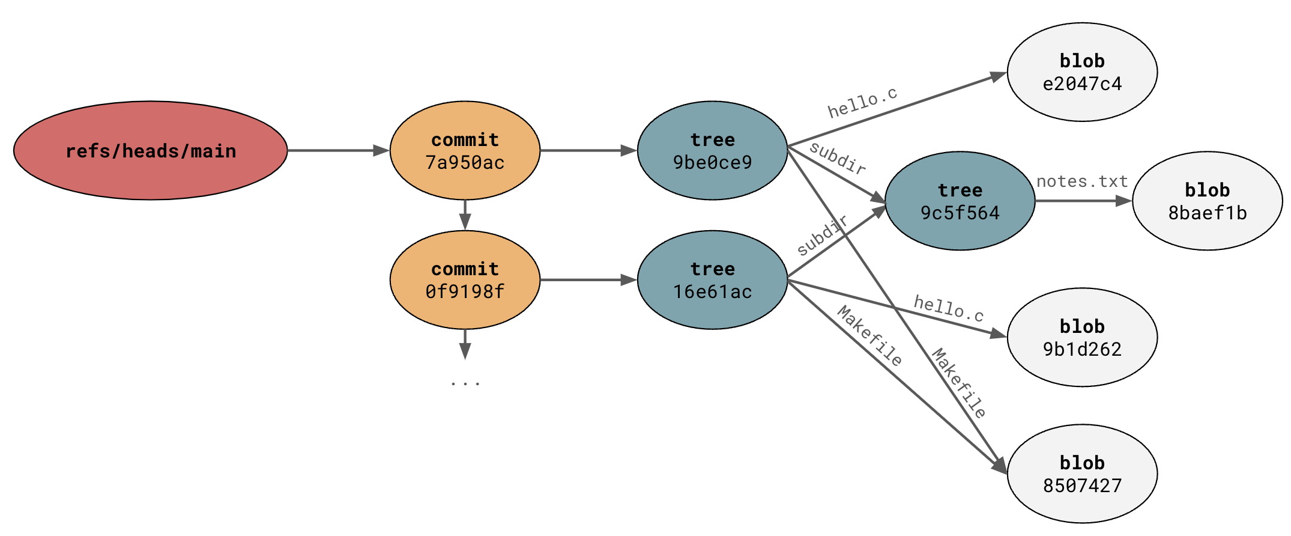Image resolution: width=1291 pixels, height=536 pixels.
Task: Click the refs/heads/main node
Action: click(x=150, y=150)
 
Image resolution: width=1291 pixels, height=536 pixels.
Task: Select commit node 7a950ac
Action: click(x=465, y=150)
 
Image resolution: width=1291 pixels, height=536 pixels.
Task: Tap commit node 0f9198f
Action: click(x=465, y=279)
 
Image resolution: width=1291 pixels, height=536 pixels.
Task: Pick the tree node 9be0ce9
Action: click(x=712, y=150)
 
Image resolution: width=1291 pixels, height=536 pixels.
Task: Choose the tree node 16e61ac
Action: click(x=712, y=279)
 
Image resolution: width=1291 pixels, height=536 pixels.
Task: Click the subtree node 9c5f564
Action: click(x=960, y=201)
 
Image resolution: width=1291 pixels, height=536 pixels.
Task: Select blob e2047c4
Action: click(x=1082, y=72)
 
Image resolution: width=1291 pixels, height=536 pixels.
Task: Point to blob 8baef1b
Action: click(x=1207, y=201)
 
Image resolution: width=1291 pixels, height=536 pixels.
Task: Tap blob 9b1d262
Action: click(x=1082, y=337)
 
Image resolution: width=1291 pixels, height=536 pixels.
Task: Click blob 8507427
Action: click(x=1082, y=474)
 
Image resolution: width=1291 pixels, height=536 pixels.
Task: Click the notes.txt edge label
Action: click(x=1082, y=181)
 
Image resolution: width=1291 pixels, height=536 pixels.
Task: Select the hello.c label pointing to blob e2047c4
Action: click(x=862, y=103)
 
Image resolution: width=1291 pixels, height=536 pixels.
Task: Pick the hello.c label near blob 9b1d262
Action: click(x=949, y=308)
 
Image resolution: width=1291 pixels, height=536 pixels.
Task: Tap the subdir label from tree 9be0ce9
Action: click(x=838, y=158)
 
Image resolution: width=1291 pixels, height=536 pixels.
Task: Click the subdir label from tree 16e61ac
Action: click(x=822, y=235)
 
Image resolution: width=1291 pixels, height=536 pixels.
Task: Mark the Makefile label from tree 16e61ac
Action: click(x=869, y=336)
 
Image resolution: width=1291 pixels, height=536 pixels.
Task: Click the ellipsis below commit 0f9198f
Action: click(x=465, y=382)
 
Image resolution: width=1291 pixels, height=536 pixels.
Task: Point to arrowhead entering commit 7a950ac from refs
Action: click(x=381, y=150)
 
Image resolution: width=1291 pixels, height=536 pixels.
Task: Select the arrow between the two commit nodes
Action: click(x=465, y=215)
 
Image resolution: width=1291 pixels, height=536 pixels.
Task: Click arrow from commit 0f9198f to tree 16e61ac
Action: click(x=588, y=279)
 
